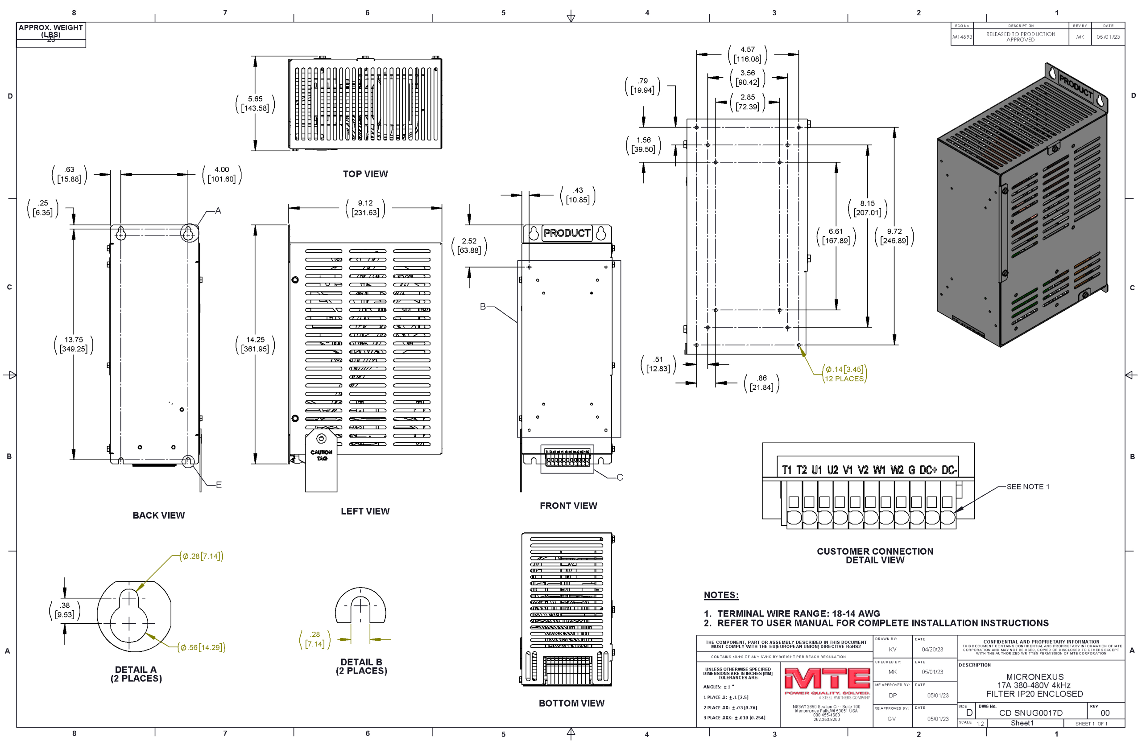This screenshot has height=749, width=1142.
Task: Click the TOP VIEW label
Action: pos(365,174)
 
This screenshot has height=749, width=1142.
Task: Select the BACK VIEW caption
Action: pos(158,515)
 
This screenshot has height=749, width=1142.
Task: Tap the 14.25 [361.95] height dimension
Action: pos(255,344)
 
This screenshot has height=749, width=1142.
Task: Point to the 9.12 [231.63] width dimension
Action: pos(365,208)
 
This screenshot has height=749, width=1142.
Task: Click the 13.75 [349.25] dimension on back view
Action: pos(74,344)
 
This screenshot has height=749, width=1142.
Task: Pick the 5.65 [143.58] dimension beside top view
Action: pos(255,103)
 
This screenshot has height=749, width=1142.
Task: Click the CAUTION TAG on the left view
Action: pos(322,455)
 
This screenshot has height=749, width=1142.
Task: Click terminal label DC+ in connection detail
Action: pos(928,470)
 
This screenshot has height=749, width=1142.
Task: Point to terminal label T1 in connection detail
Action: pos(787,470)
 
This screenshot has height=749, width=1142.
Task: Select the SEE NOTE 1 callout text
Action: pos(1028,487)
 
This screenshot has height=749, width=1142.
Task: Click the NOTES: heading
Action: pos(721,595)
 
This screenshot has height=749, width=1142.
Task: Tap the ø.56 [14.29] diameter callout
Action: pos(202,647)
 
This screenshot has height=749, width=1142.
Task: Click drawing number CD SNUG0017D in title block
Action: pos(1030,713)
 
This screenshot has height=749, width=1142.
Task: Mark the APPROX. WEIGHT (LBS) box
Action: pos(51,33)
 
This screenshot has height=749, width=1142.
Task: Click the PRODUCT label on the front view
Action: pos(567,233)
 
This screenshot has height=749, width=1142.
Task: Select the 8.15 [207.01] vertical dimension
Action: pos(868,208)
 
